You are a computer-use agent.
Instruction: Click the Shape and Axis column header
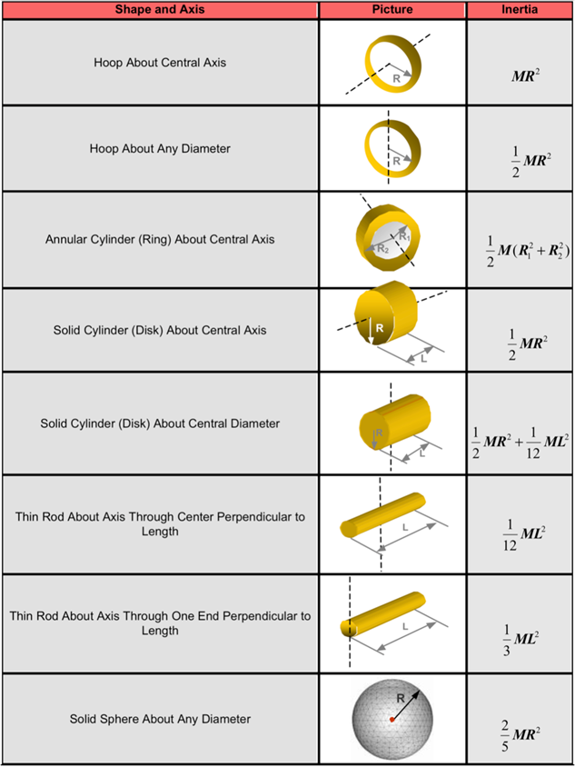point(160,9)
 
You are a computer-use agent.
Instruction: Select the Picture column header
point(392,9)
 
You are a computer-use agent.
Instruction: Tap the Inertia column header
point(520,9)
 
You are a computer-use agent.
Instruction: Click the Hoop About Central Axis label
point(160,63)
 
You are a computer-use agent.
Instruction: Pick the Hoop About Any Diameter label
point(160,148)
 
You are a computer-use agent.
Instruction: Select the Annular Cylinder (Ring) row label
point(160,239)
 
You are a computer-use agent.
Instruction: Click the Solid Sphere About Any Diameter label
point(160,719)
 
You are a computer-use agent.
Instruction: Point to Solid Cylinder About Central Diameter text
point(160,423)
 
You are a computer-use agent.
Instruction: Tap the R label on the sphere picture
point(401,700)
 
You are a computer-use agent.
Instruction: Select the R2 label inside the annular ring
point(382,249)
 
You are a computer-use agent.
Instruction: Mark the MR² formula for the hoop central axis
point(520,77)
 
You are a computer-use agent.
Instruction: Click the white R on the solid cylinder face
point(380,327)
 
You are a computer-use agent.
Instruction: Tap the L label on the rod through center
point(405,527)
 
